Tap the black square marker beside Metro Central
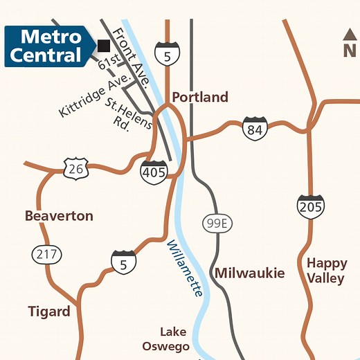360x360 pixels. (104, 46)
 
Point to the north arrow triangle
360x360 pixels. (350, 34)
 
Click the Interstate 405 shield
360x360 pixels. (154, 171)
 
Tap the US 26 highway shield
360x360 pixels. (75, 168)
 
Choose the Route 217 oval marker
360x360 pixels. (46, 254)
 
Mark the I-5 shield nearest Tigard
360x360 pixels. (124, 262)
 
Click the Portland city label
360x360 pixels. (199, 97)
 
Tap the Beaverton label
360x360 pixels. (59, 216)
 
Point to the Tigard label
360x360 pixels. (49, 312)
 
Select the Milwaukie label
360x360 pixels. (249, 273)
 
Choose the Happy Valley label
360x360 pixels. (326, 271)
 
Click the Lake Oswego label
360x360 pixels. (166, 339)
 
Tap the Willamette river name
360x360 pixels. (185, 268)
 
